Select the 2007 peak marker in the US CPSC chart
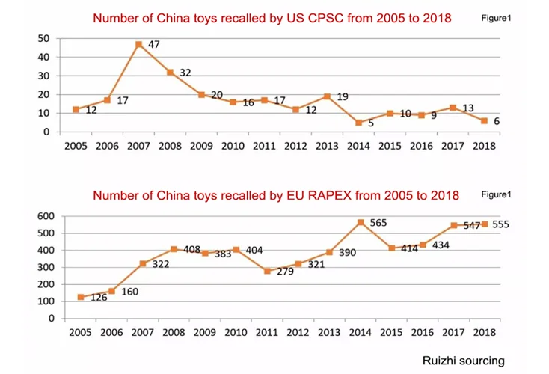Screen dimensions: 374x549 point(138,44)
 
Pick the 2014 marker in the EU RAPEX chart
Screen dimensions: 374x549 point(361,222)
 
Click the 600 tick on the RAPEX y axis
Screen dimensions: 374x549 point(46,216)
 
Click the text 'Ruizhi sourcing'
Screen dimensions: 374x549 point(463,361)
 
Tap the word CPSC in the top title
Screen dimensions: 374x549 point(306,18)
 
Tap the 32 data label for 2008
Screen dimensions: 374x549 point(186,73)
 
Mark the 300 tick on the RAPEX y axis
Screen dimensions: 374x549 point(46,267)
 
